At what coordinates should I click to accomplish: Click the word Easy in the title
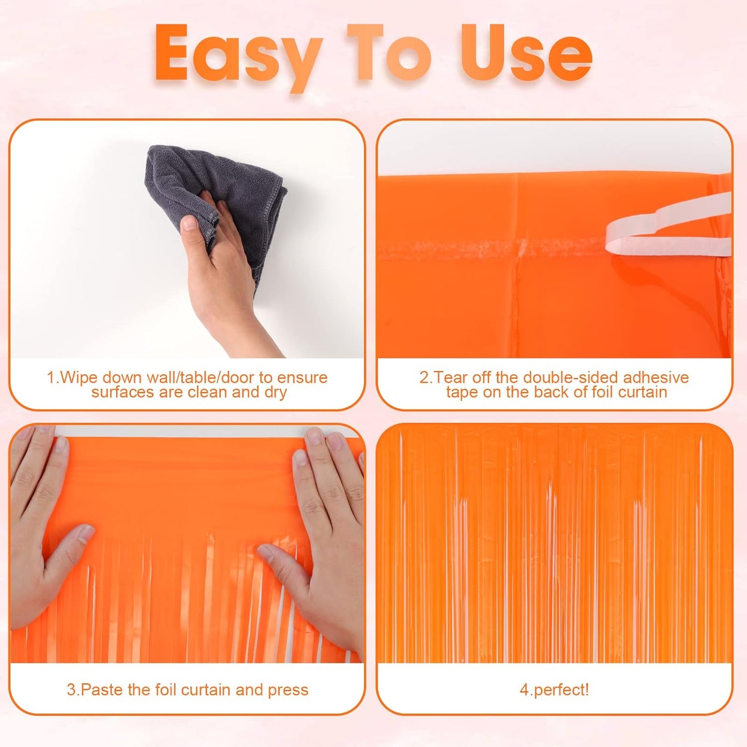pos(238,54)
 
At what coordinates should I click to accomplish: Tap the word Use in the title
pos(526,54)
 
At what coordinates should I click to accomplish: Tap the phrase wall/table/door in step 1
pos(179,377)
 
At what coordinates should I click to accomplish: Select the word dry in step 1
pos(275,392)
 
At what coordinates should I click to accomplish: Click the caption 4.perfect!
pos(554,690)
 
